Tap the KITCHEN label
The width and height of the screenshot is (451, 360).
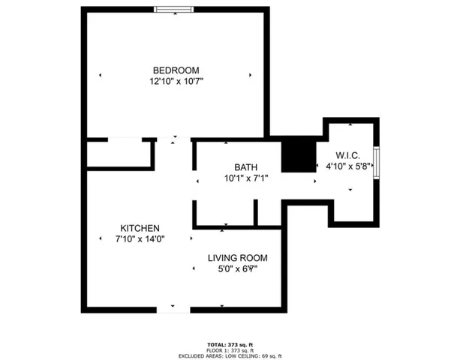pyautogui.click(x=140, y=228)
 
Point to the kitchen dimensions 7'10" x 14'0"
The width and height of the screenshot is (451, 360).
pyautogui.click(x=140, y=238)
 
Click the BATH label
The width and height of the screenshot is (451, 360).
pyautogui.click(x=246, y=168)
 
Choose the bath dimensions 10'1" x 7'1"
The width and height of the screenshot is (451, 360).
pyautogui.click(x=246, y=178)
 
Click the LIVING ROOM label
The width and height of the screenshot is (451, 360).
pyautogui.click(x=239, y=257)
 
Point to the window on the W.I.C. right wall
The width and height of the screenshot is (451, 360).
pyautogui.click(x=377, y=159)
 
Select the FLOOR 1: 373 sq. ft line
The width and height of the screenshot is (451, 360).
pyautogui.click(x=227, y=350)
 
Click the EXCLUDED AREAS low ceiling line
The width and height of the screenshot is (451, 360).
pyautogui.click(x=227, y=356)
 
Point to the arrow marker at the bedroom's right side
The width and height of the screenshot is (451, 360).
pyautogui.click(x=251, y=75)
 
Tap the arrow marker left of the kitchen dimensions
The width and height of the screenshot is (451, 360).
pyautogui.click(x=101, y=238)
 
